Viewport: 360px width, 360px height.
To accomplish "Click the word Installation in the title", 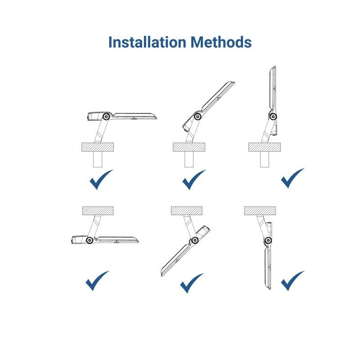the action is click(x=147, y=42).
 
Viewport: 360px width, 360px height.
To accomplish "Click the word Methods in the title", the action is click(x=221, y=42).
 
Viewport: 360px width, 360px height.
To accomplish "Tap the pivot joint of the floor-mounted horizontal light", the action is click(x=106, y=117).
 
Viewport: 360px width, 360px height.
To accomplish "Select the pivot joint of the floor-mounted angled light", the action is click(x=198, y=117).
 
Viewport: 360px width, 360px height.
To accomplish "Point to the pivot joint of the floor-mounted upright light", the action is click(x=273, y=117).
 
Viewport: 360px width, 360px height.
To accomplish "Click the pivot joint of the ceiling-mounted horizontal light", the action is click(x=89, y=240).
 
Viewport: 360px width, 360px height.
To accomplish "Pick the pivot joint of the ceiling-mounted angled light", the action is click(x=195, y=240).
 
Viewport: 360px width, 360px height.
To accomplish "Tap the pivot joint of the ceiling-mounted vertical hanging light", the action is click(x=268, y=241).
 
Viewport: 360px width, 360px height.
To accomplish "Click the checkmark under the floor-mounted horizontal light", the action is click(x=101, y=180).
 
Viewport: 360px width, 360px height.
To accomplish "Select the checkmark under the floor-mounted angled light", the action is click(x=194, y=180).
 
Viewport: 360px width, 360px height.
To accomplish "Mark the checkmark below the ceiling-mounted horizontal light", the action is click(x=97, y=281).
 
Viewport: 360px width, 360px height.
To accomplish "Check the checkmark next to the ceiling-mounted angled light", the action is click(x=192, y=283).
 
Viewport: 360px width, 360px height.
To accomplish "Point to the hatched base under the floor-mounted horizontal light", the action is click(x=98, y=147).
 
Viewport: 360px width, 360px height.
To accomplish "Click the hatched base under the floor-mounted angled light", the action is click(x=189, y=147).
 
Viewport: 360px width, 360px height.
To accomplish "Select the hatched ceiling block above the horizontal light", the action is click(x=98, y=211).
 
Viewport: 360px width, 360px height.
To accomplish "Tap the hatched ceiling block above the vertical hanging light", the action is click(x=260, y=211).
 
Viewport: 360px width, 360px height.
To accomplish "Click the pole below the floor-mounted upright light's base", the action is click(x=265, y=159).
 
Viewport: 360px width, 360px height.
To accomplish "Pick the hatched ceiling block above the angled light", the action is click(x=187, y=211).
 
